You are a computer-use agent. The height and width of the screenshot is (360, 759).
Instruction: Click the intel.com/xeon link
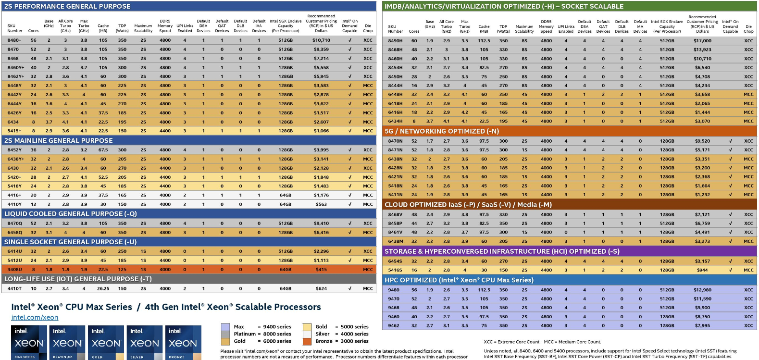[35, 317]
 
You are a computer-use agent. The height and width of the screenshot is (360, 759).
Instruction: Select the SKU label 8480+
[14, 40]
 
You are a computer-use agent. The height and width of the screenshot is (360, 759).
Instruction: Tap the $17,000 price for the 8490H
[702, 41]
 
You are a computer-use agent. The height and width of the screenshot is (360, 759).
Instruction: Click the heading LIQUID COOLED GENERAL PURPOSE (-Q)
[71, 214]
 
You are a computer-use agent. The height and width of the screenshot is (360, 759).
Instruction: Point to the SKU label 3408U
[14, 270]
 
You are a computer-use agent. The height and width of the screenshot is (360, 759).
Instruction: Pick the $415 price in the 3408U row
[321, 270]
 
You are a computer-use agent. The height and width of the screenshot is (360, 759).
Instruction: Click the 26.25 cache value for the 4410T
[103, 289]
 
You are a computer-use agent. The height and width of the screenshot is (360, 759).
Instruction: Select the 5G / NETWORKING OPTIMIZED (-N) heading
[442, 131]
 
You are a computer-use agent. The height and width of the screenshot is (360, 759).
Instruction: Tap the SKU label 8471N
[395, 150]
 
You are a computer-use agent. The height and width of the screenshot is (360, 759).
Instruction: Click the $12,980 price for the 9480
[702, 290]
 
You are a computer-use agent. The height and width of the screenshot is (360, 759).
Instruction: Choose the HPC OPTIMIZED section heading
[459, 280]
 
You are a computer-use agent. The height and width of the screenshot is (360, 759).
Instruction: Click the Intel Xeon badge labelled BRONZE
[183, 343]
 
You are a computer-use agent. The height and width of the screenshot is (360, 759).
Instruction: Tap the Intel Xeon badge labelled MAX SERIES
[28, 343]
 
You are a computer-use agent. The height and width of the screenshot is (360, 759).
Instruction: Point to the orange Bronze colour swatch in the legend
[307, 341]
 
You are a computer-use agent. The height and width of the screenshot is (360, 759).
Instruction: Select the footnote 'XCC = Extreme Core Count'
[511, 342]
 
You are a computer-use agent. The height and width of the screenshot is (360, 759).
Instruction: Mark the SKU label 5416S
[395, 270]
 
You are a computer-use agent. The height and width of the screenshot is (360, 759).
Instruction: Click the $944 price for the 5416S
[702, 270]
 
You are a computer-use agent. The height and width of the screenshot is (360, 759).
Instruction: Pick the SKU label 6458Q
[14, 233]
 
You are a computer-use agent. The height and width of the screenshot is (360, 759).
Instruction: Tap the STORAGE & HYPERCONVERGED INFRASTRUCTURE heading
[502, 251]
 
